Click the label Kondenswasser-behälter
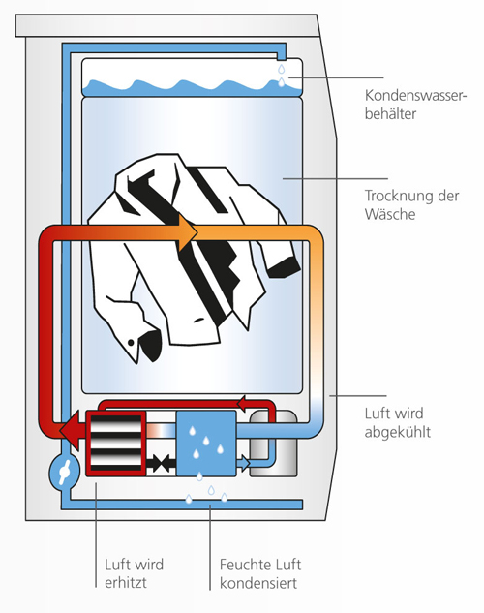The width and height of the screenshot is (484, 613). [x=415, y=105]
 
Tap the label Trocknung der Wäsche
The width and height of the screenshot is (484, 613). [x=411, y=204]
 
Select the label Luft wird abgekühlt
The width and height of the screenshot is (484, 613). [x=397, y=422]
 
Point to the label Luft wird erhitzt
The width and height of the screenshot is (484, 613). [x=134, y=573]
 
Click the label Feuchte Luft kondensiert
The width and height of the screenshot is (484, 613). [x=260, y=573]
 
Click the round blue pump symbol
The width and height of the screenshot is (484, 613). [x=64, y=473]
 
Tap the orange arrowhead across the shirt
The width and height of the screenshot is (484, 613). [x=189, y=232]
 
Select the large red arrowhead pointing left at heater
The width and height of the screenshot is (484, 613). [x=73, y=430]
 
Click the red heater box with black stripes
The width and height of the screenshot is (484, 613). [x=116, y=444]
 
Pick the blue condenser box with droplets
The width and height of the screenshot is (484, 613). [x=206, y=444]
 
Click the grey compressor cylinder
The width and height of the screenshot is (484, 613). [x=273, y=444]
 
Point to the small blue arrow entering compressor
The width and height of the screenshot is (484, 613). [x=243, y=463]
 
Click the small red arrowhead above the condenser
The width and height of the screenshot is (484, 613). [x=243, y=404]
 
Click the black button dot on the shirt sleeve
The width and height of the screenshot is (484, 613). [x=131, y=343]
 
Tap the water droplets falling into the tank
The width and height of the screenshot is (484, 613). [x=282, y=76]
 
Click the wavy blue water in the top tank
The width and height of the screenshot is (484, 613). [x=193, y=88]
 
